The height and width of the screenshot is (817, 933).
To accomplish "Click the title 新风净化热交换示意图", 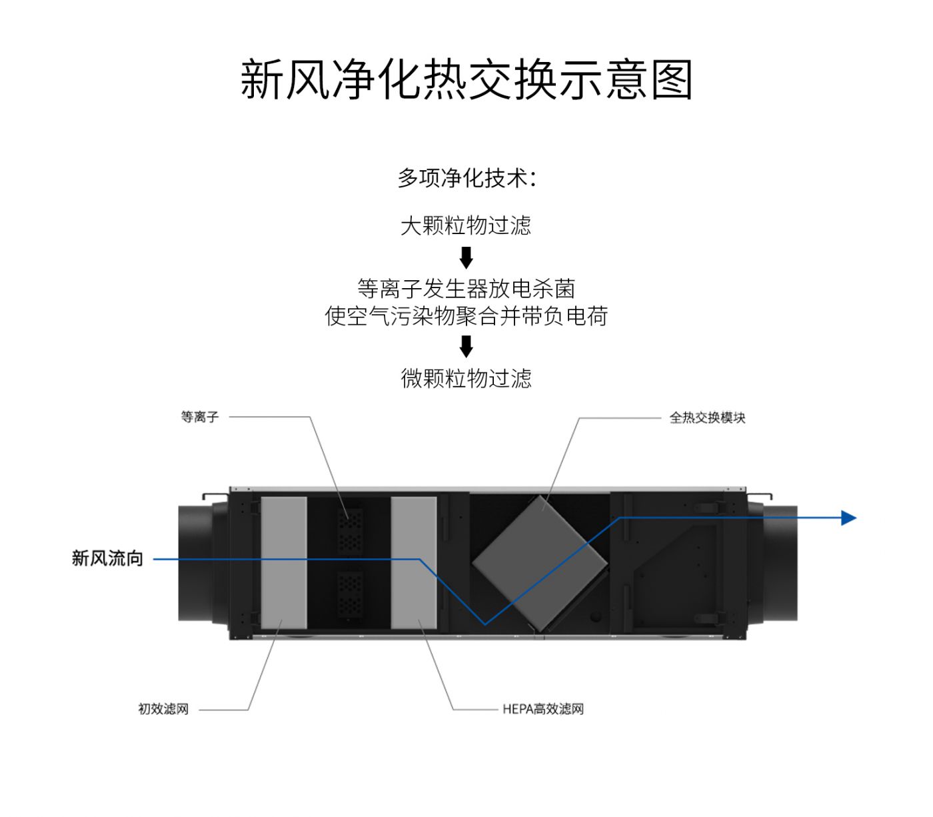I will [467, 80].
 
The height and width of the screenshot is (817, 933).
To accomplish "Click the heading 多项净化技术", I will [467, 178].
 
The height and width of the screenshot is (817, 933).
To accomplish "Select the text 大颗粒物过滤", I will [466, 225].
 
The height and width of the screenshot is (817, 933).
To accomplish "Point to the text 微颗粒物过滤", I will [466, 378].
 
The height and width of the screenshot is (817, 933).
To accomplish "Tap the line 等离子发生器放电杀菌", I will [466, 289].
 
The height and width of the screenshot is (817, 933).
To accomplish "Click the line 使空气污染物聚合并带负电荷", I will [466, 316].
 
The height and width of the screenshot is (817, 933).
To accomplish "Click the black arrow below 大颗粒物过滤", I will [467, 257].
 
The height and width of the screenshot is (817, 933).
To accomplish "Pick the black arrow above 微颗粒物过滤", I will [467, 346].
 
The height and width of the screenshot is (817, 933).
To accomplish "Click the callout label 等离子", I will [199, 417].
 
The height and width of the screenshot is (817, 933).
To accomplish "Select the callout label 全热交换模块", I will [707, 418].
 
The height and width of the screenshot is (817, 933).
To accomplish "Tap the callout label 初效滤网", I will [163, 709].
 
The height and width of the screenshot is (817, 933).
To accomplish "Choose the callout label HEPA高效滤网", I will [543, 709].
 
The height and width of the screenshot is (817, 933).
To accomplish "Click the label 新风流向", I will [107, 558].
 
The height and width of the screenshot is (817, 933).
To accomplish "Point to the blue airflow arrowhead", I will [848, 518].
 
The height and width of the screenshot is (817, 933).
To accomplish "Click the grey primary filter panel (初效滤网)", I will [284, 562].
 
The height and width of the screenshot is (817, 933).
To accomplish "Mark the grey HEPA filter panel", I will [414, 562].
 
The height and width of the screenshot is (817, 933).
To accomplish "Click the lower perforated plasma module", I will [350, 594].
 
